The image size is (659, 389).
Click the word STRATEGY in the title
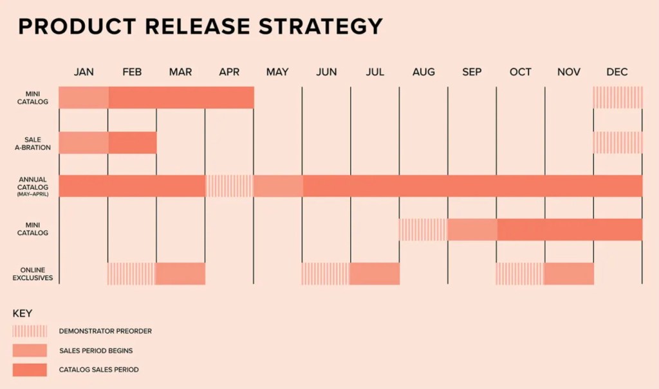pos(320,26)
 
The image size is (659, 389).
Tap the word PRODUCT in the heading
pos(77,26)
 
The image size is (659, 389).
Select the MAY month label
pos(277,72)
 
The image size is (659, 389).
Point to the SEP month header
pos(472,72)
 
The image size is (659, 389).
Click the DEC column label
pos(617,72)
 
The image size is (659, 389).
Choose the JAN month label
pos(84,72)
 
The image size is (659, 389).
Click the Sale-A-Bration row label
pos(33,144)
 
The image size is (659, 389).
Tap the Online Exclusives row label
pos(33,274)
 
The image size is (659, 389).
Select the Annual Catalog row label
pos(33,186)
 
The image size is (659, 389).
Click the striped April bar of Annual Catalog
pos(230,186)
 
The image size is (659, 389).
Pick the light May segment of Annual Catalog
pos(278,186)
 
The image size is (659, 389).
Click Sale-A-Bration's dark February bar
pos(133,142)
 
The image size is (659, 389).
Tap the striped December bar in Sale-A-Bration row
pos(618,142)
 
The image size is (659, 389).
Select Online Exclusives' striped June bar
pos(325,274)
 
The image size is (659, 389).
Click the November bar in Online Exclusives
pos(569,274)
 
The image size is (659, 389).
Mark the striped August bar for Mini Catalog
pos(423,230)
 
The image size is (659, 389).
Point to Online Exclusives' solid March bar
pos(180,274)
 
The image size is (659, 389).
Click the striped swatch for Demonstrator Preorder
pos(30,331)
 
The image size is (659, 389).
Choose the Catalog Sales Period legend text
pos(98,370)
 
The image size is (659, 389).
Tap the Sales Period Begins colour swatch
pos(30,350)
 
